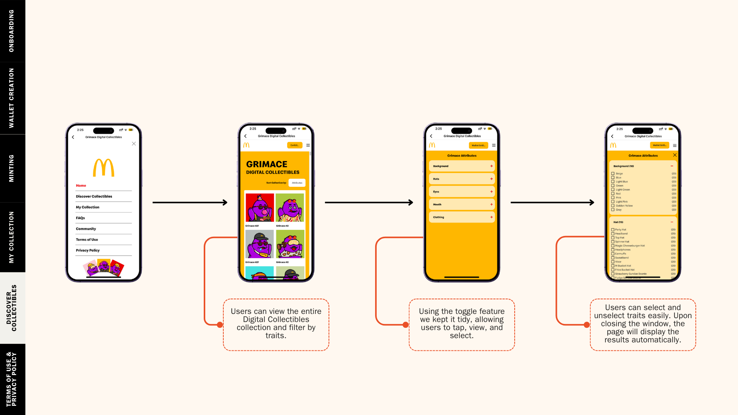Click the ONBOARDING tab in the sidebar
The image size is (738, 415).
(12, 31)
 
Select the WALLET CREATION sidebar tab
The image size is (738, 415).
(12, 98)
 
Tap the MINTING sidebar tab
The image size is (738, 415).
(12, 168)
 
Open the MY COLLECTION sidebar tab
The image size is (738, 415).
(12, 237)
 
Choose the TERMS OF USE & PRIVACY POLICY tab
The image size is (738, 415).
(12, 379)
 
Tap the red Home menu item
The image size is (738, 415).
(81, 186)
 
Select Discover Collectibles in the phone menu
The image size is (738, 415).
(94, 196)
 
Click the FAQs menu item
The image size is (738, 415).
(80, 218)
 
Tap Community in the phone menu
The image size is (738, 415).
(86, 229)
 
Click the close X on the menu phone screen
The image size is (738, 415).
(134, 144)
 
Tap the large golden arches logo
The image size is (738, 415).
(104, 168)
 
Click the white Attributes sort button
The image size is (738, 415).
(297, 183)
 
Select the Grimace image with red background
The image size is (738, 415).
(260, 207)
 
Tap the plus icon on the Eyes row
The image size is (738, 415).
(491, 192)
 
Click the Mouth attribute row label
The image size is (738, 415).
(437, 204)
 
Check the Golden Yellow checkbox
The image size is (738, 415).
(613, 206)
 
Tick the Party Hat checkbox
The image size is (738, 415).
(613, 230)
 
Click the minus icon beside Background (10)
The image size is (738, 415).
(672, 166)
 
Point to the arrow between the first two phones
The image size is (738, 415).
(190, 203)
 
